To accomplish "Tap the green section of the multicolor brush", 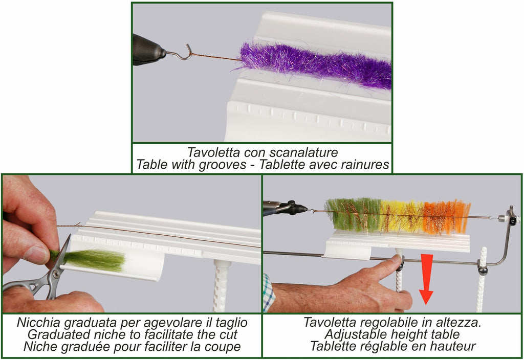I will click(x=353, y=215).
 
